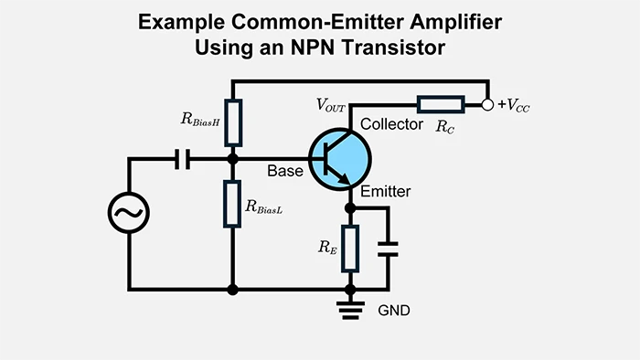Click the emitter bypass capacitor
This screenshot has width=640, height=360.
click(389, 248)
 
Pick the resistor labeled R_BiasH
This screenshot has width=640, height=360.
click(233, 122)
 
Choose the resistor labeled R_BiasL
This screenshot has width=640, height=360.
click(233, 203)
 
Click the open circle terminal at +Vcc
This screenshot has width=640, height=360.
click(488, 105)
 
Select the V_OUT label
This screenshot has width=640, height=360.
click(332, 106)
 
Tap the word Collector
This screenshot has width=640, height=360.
click(391, 124)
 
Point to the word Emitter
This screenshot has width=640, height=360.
click(386, 192)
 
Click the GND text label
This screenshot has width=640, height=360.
click(394, 311)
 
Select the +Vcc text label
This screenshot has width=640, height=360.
click(513, 107)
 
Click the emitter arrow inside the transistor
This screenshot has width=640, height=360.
click(345, 179)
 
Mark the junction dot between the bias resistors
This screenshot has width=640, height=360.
click(233, 159)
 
